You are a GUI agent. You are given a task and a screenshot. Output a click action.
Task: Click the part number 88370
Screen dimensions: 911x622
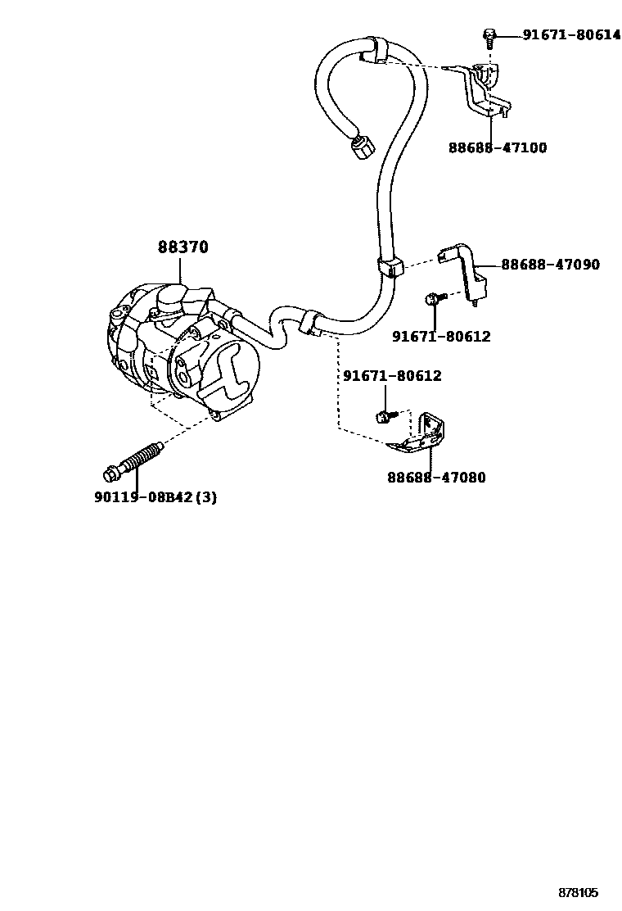tap(183, 247)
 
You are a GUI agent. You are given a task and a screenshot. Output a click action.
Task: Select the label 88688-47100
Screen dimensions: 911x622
tap(498, 148)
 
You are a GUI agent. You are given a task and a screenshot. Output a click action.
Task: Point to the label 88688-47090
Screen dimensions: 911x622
tap(550, 265)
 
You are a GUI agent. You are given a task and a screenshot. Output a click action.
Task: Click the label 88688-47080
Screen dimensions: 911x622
tap(436, 477)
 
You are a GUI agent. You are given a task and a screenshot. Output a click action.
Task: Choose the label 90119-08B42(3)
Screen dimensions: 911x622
tap(155, 497)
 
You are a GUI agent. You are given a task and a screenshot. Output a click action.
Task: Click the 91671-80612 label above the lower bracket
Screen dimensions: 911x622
tap(392, 376)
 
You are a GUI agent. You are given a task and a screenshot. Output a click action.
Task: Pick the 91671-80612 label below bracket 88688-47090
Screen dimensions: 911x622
tap(440, 336)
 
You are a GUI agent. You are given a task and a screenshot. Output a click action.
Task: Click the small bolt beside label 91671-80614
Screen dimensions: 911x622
tap(489, 35)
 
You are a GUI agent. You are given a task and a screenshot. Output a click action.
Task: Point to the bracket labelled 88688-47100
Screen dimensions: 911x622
tap(488, 90)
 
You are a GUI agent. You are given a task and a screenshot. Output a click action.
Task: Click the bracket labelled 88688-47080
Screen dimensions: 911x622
tap(423, 435)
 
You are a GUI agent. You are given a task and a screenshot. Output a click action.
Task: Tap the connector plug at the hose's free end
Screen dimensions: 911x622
tap(360, 150)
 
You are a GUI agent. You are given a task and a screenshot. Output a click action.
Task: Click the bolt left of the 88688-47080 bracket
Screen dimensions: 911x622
tap(383, 417)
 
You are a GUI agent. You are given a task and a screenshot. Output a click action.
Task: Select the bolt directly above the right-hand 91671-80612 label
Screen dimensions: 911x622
tap(433, 301)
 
